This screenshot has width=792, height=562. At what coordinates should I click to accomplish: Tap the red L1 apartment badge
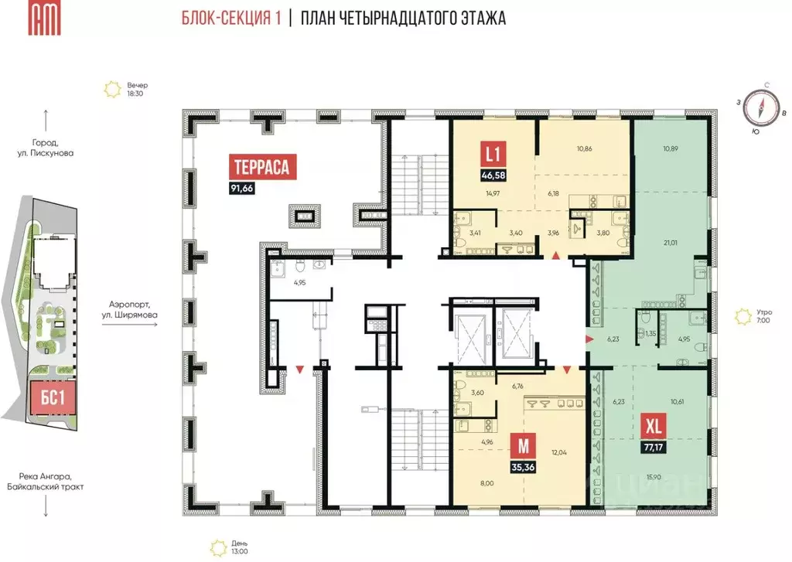point(490,154)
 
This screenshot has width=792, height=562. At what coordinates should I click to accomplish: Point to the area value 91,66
point(243,188)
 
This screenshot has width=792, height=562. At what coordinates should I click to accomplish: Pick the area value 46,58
point(490,175)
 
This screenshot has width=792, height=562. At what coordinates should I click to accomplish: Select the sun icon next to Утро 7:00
point(744,315)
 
